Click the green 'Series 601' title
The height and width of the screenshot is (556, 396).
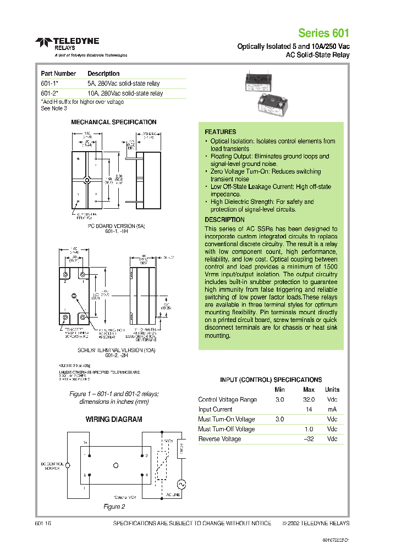[x=323, y=32]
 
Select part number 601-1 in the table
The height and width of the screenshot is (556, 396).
[x=49, y=84]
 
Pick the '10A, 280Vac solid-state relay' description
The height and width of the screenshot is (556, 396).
[x=125, y=93]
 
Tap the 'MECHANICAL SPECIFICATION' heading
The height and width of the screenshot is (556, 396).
[x=113, y=122]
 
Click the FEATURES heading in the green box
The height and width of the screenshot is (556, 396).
[x=220, y=132]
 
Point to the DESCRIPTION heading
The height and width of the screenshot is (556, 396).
[x=224, y=220]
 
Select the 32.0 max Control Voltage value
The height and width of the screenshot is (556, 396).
[x=309, y=399]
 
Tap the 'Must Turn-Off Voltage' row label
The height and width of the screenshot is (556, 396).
[x=226, y=429]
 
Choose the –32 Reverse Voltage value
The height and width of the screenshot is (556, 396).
[x=309, y=439]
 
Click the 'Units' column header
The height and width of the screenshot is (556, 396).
[x=332, y=390]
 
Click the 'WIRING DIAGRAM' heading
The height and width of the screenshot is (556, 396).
[x=113, y=419]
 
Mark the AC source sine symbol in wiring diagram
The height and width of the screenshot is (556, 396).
[x=179, y=484]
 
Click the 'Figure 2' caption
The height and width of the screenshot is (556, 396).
[x=114, y=507]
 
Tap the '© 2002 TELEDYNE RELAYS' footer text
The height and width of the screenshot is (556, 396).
[x=316, y=524]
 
